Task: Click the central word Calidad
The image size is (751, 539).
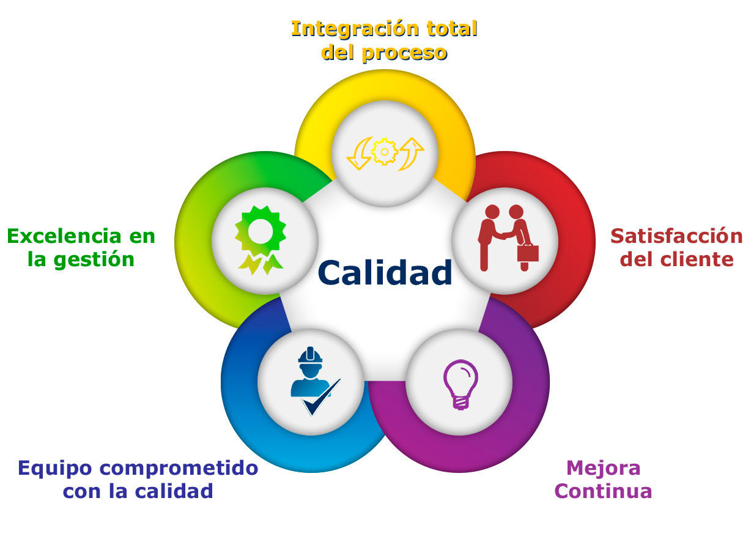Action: [385, 272]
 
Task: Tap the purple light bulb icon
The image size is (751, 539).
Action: [461, 384]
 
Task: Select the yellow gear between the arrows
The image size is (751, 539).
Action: [385, 152]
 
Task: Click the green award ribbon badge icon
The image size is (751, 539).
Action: [261, 240]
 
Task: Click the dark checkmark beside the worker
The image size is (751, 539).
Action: [321, 397]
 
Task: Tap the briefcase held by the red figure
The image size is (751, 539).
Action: [528, 253]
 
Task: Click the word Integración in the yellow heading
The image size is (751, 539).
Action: [355, 29]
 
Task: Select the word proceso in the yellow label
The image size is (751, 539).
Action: [405, 54]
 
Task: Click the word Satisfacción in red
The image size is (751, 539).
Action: [676, 236]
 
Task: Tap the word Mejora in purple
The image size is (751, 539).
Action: [603, 468]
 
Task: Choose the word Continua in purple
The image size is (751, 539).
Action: [603, 491]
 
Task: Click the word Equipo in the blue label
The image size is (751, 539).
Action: [54, 469]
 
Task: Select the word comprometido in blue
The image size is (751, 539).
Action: [179, 469]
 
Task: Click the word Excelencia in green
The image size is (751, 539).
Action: [64, 236]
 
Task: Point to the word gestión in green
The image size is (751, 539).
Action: [94, 260]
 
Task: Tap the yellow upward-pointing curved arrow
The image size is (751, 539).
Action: [411, 154]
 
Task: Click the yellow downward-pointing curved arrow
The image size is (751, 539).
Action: [360, 154]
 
